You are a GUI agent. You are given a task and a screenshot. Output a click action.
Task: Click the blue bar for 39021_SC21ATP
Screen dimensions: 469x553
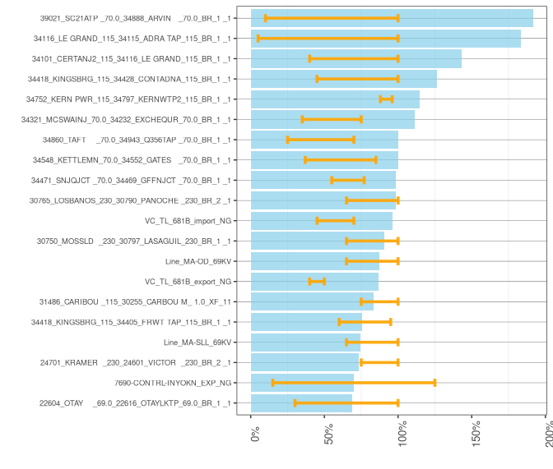pyautogui.click(x=392, y=18)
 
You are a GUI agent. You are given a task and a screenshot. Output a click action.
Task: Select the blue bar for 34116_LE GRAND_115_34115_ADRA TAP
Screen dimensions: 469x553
pyautogui.click(x=385, y=39)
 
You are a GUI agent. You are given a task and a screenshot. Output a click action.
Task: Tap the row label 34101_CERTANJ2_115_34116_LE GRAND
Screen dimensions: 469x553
pyautogui.click(x=131, y=59)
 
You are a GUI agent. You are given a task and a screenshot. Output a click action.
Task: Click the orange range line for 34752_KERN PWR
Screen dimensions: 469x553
pyautogui.click(x=386, y=99)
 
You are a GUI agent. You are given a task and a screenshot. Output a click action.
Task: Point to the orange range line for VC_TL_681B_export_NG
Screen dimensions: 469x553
pyautogui.click(x=317, y=281)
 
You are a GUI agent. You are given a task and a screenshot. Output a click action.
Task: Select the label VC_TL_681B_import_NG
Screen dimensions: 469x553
pyautogui.click(x=188, y=221)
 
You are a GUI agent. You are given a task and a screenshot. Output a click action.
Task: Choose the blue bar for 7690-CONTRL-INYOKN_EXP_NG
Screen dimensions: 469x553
pyautogui.click(x=302, y=383)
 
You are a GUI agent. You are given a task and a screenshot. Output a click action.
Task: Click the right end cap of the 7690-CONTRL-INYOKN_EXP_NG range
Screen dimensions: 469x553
pyautogui.click(x=434, y=383)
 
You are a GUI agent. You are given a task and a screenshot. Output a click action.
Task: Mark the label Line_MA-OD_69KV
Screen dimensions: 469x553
pyautogui.click(x=197, y=261)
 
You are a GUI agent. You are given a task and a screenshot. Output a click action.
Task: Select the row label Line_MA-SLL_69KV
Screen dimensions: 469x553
pyautogui.click(x=197, y=343)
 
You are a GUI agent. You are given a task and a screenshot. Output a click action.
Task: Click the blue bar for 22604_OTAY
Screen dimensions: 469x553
pyautogui.click(x=301, y=403)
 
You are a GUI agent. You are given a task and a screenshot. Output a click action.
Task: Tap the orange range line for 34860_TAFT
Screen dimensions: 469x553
pyautogui.click(x=320, y=140)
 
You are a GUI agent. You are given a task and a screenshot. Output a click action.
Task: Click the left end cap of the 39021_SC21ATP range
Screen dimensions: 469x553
pyautogui.click(x=265, y=18)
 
